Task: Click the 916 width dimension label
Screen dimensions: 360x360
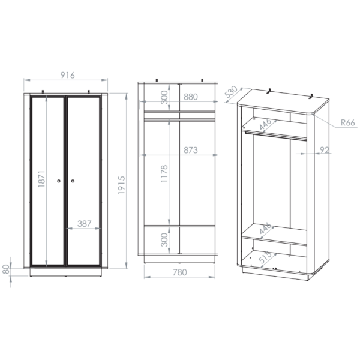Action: (x=67, y=75)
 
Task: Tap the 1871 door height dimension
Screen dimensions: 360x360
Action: (x=41, y=179)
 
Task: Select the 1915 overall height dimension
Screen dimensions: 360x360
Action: (x=121, y=185)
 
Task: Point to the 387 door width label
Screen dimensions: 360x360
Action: (x=85, y=223)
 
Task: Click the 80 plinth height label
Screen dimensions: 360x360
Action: (x=6, y=269)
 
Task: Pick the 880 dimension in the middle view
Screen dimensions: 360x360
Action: (x=191, y=97)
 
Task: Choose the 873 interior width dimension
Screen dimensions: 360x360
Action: (x=191, y=150)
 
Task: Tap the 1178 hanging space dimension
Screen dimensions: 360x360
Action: (x=164, y=174)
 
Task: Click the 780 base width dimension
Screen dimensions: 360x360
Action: (x=180, y=272)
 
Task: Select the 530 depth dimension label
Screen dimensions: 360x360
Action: (x=231, y=91)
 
